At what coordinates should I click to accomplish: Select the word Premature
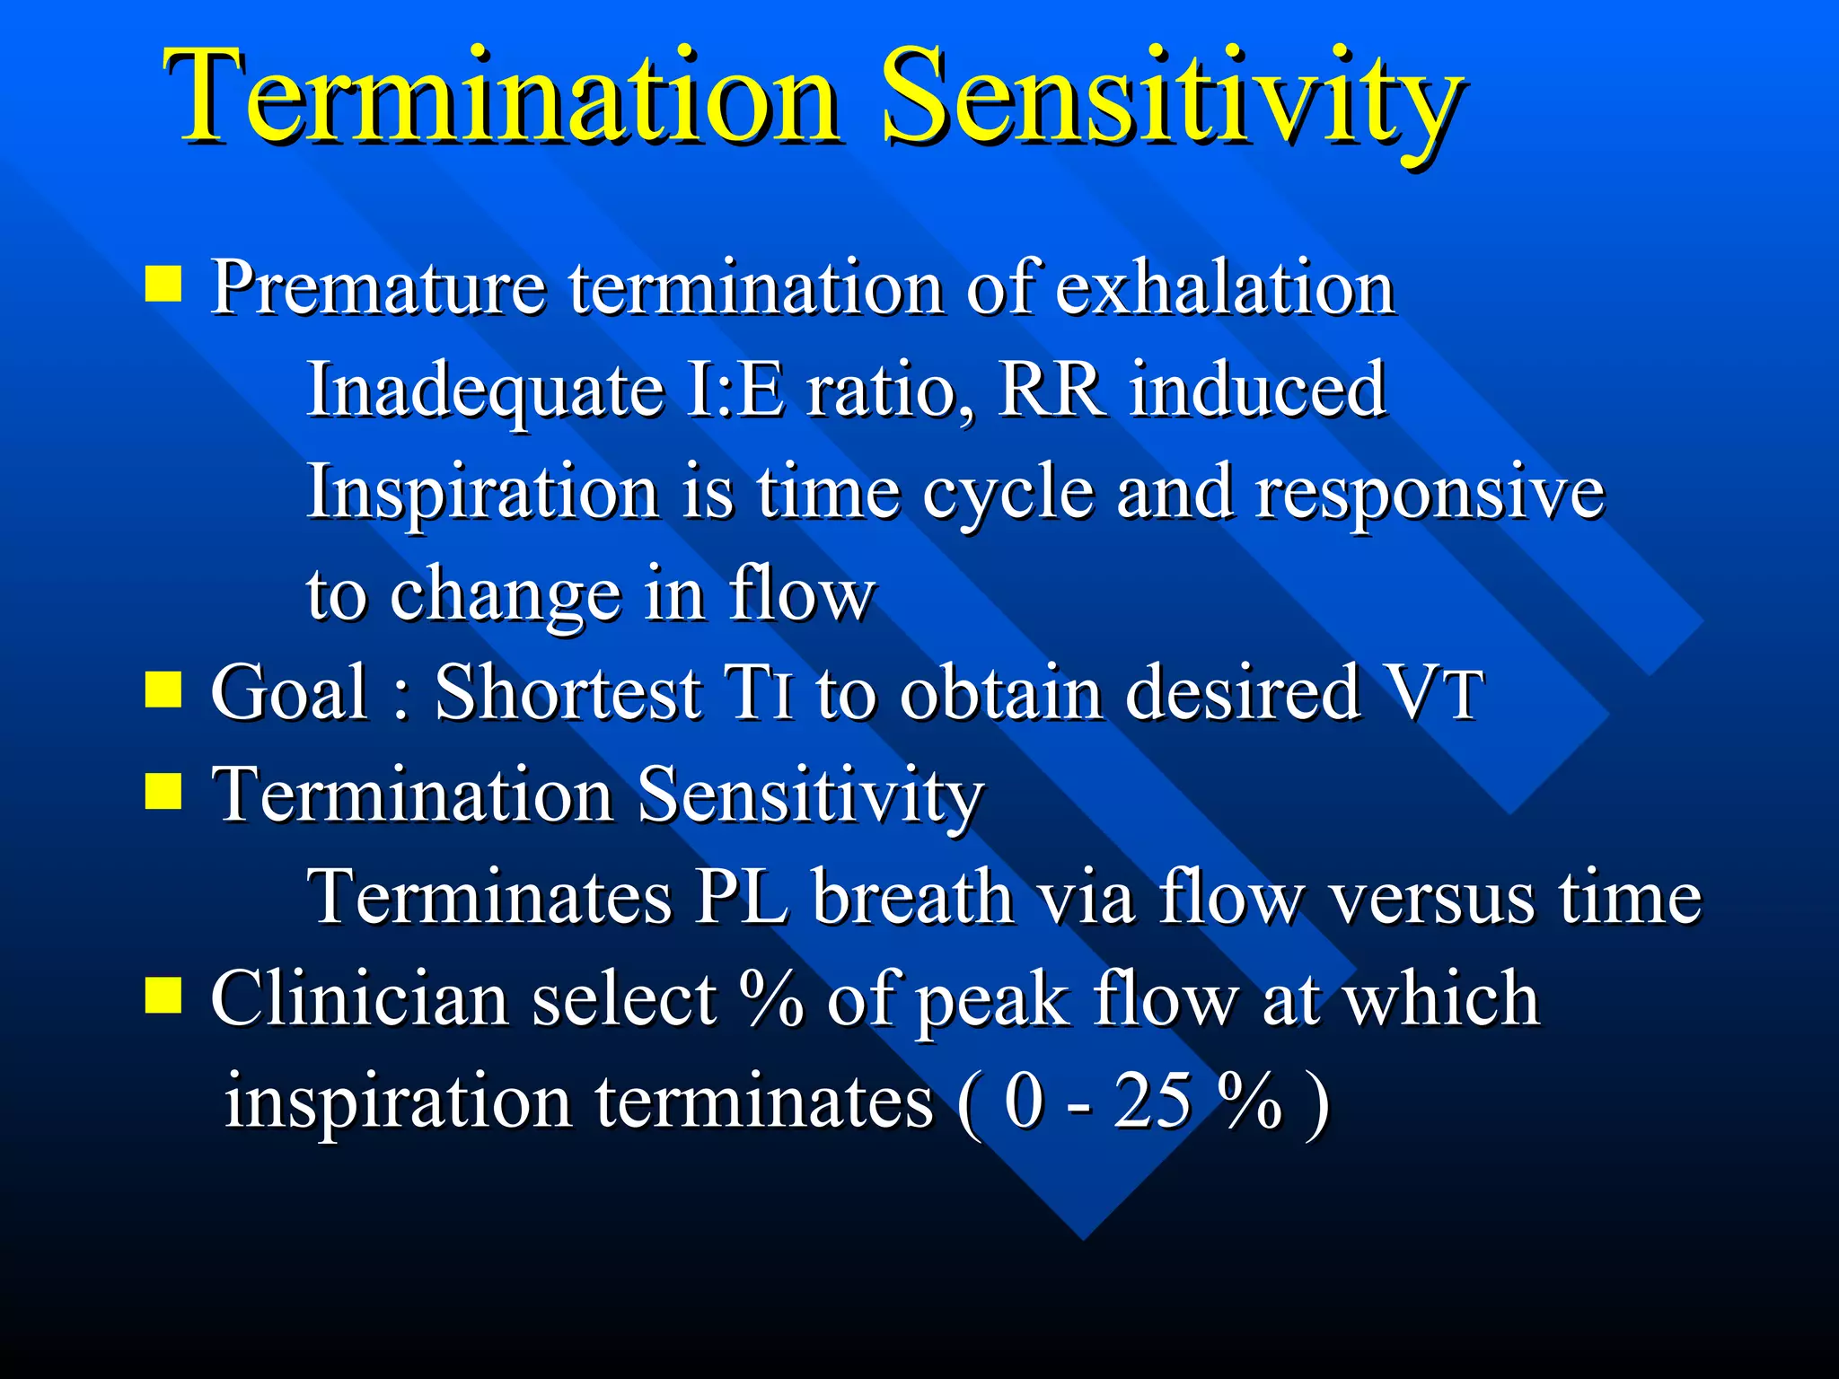[x=377, y=289]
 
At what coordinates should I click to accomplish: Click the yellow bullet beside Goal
[x=163, y=690]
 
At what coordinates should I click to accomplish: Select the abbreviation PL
[x=742, y=897]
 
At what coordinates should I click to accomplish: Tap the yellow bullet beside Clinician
[x=163, y=995]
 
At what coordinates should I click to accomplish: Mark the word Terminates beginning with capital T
[x=489, y=897]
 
